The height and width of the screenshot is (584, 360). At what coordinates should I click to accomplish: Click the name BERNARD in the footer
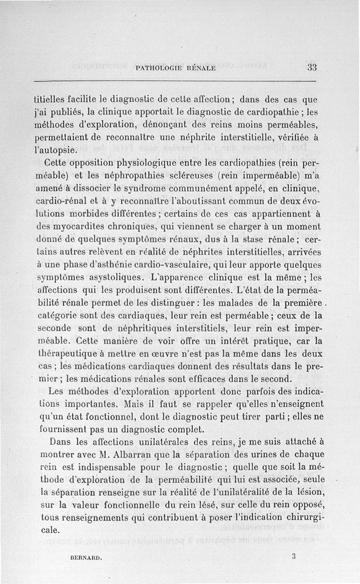coord(87,557)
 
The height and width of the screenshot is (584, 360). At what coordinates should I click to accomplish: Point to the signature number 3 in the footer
coord(293,556)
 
